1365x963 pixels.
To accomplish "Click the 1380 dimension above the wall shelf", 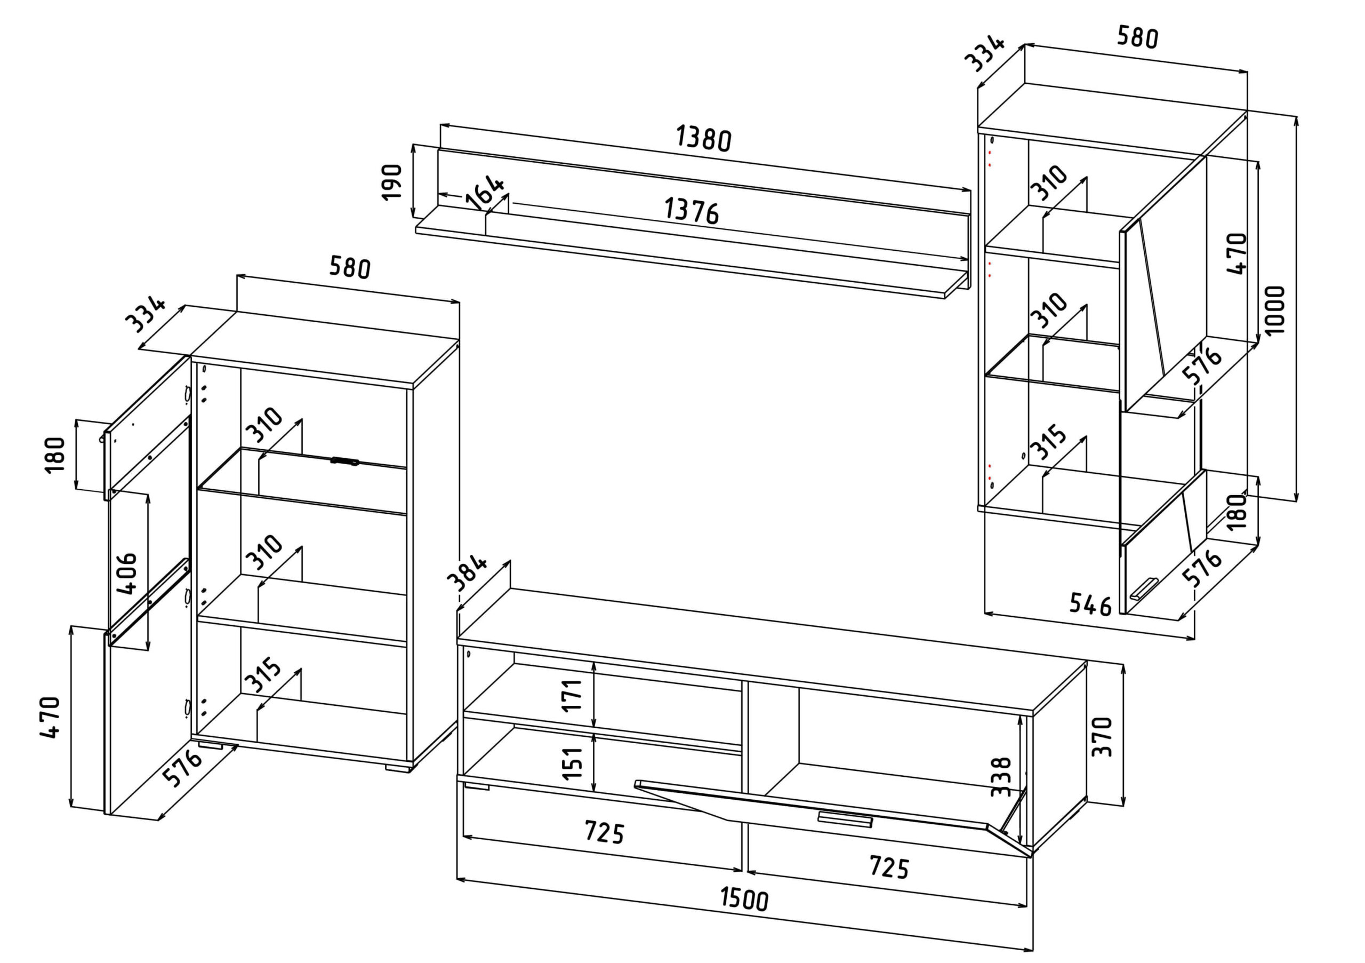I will coord(703,139).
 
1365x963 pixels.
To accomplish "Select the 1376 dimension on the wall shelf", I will coord(691,211).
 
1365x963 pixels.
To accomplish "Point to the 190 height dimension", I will coord(392,182).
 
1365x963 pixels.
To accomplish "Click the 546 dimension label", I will coord(1090,605).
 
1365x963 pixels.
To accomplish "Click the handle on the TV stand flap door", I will coord(844,819).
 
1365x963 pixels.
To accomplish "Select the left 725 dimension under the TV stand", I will coord(604,832).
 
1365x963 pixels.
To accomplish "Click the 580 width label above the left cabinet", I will coord(350,268).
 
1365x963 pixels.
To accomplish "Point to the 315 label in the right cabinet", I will coord(1050,441).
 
